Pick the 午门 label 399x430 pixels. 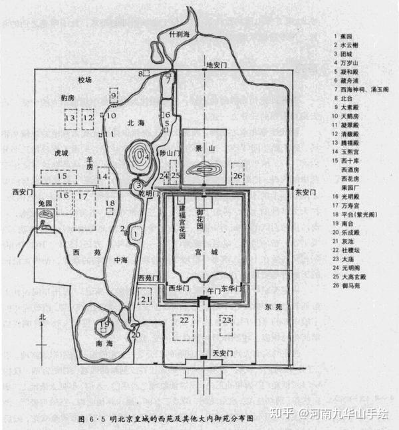coord(213,290)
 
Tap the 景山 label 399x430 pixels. coord(202,148)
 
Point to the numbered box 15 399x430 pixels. coord(62,176)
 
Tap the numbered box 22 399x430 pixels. coord(184,320)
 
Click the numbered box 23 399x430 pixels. coord(228,320)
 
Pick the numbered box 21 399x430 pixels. coord(146,300)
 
